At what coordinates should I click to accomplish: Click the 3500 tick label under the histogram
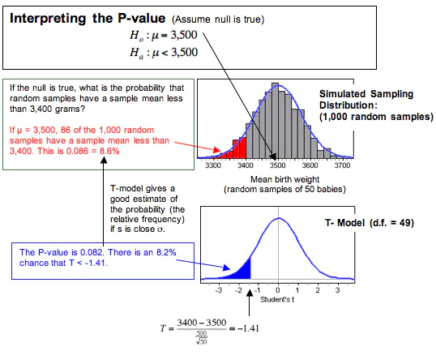pos(278,165)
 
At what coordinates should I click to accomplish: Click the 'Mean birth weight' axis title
pos(278,178)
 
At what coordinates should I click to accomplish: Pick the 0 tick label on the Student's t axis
pos(278,289)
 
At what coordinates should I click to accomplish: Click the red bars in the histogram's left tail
pos(238,148)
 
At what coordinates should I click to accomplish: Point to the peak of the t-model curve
pos(278,218)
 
